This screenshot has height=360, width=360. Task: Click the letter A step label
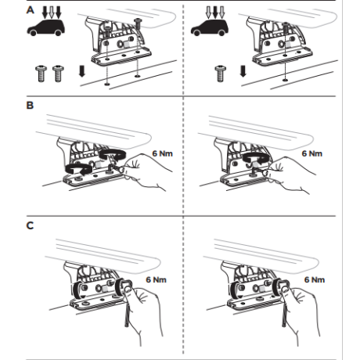click(31, 10)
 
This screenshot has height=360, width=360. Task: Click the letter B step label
click(30, 106)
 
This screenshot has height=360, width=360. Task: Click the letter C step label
click(30, 225)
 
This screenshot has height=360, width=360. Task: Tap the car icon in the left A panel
click(45, 27)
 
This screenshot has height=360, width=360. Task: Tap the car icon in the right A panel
click(210, 27)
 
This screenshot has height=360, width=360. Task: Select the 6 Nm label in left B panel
click(162, 153)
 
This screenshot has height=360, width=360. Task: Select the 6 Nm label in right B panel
click(312, 153)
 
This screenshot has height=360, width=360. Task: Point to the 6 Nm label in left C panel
click(156, 279)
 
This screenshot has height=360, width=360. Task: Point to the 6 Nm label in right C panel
click(315, 279)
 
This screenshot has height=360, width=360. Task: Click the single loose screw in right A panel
click(221, 74)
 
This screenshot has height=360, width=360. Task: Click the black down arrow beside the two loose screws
click(82, 71)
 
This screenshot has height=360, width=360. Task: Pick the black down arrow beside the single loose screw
click(243, 71)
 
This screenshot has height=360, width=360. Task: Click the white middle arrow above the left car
click(52, 13)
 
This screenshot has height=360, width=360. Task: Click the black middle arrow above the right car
click(215, 13)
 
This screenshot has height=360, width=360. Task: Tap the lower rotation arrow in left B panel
click(78, 170)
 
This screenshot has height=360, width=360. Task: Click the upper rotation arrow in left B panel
click(113, 154)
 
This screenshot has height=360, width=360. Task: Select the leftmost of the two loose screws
click(41, 74)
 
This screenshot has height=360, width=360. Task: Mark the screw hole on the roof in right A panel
click(285, 79)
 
